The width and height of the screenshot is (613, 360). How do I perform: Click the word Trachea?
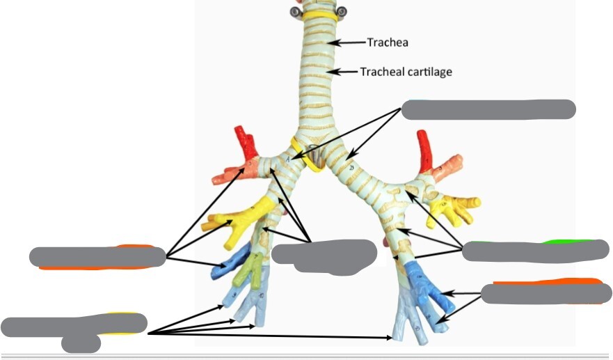tap(388, 42)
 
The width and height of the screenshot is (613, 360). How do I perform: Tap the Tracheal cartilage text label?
tap(406, 72)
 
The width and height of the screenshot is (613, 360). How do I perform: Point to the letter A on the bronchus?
tap(288, 159)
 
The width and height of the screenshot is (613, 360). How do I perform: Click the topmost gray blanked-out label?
tap(489, 109)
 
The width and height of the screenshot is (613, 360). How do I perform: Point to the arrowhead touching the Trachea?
tap(333, 42)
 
